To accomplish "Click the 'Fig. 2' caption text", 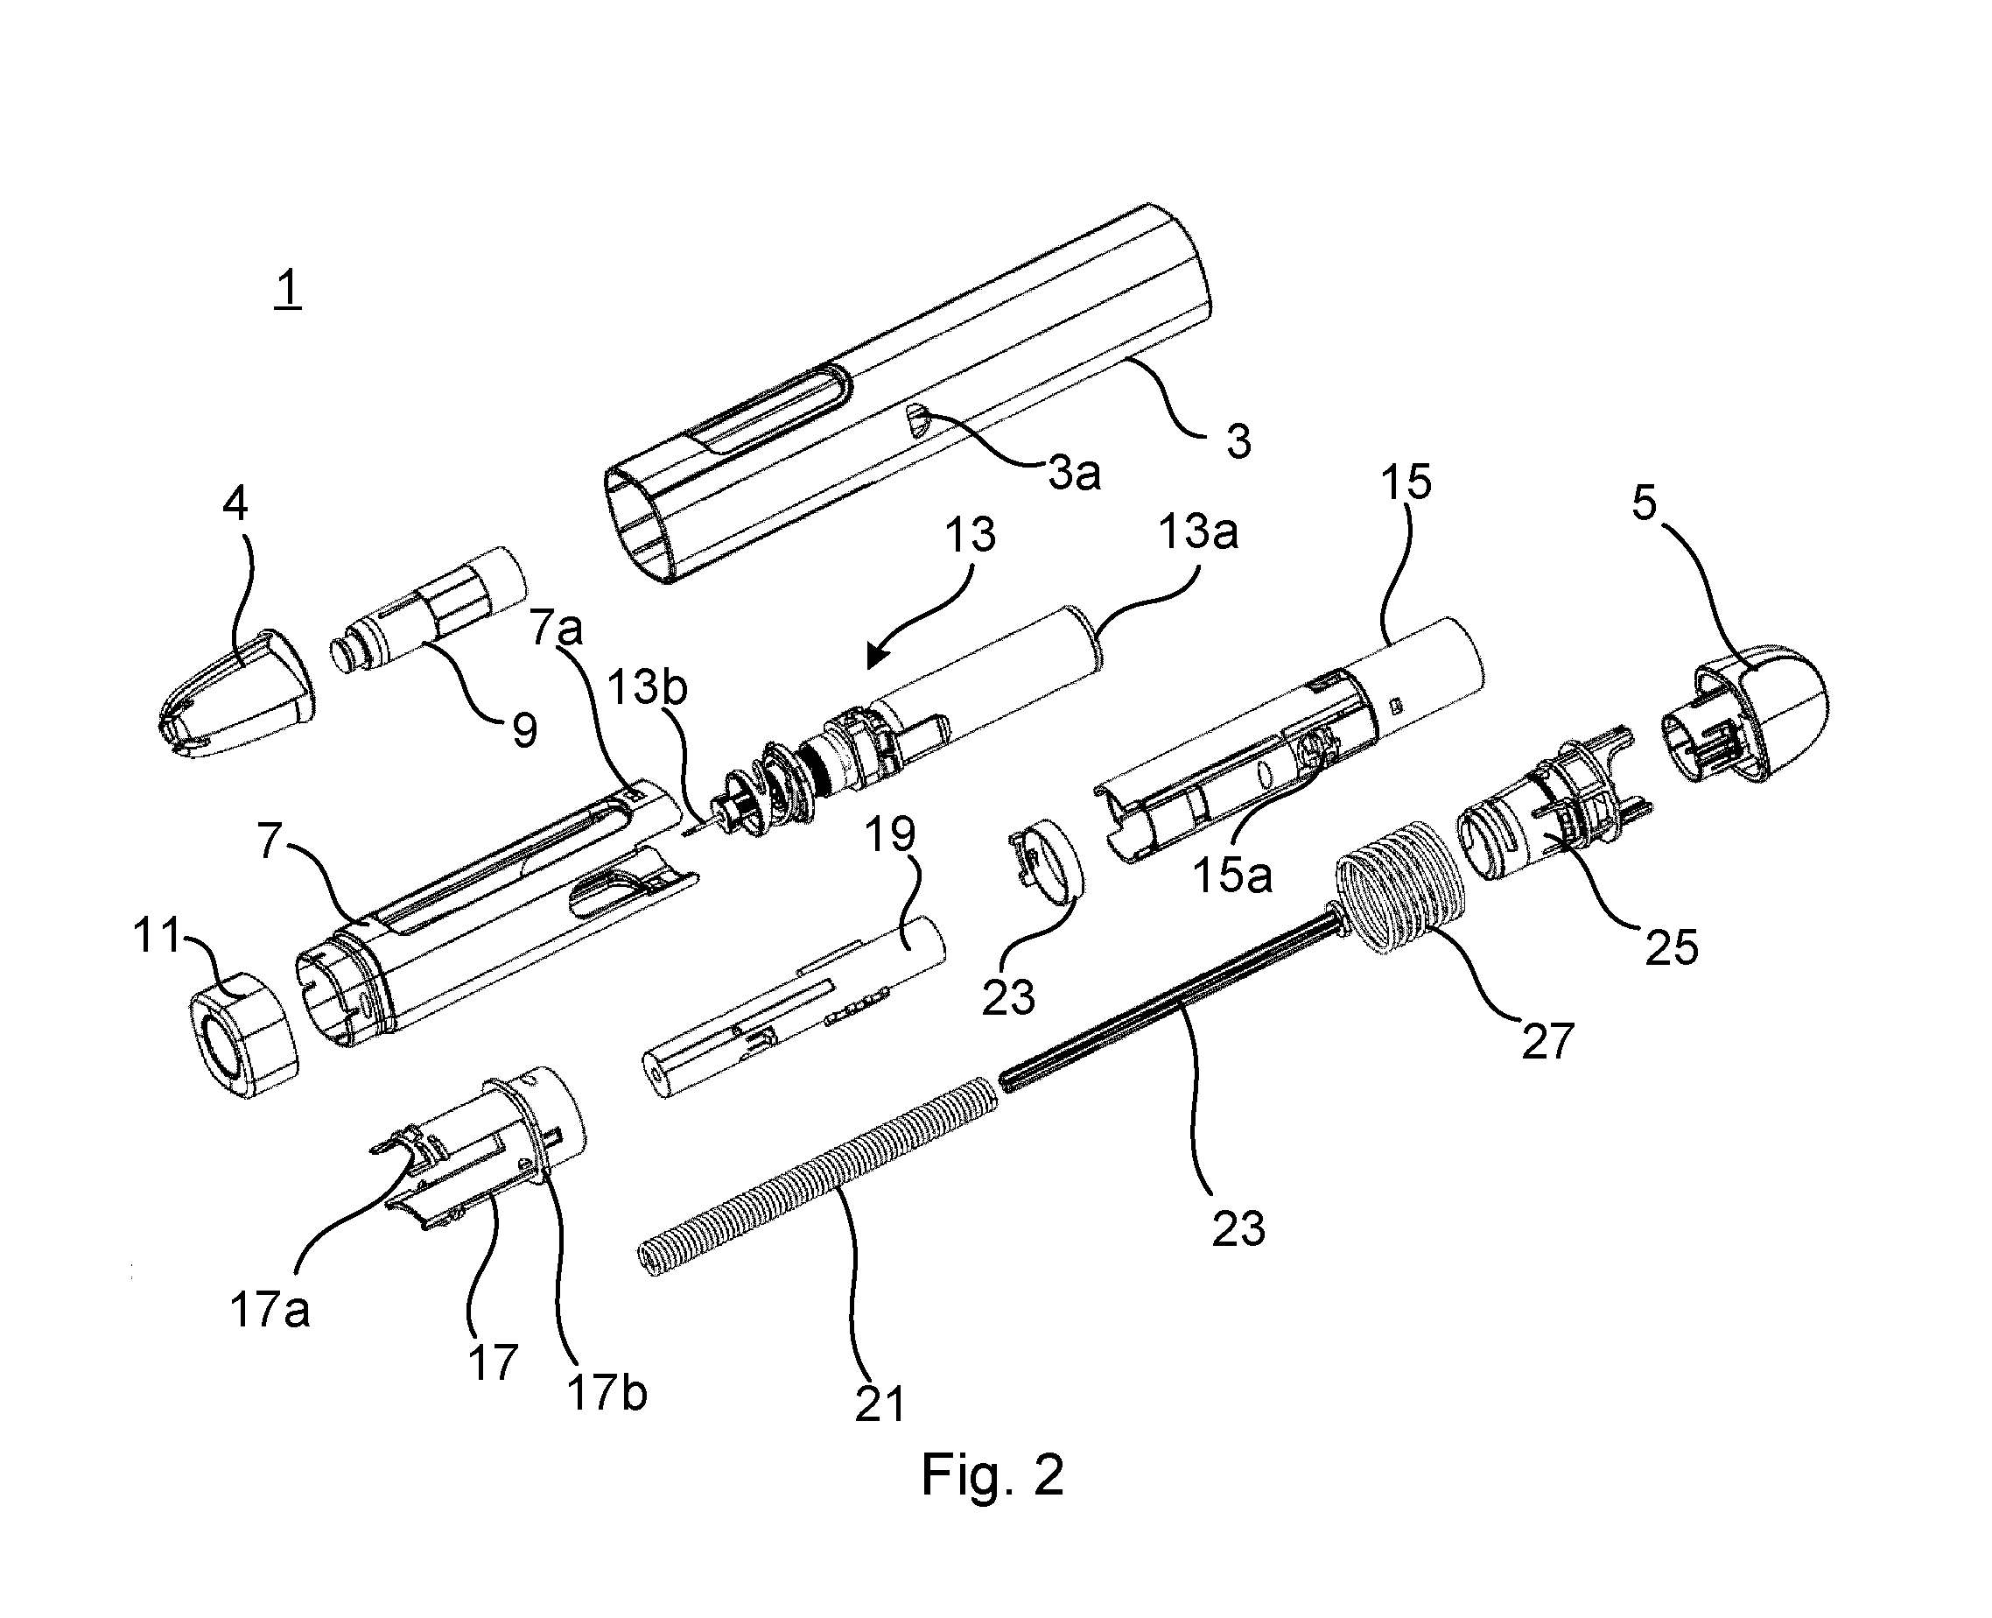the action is click(992, 1475).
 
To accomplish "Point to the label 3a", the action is click(1074, 474).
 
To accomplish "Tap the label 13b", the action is click(647, 688).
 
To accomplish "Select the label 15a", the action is click(1232, 876).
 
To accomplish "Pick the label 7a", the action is click(558, 630).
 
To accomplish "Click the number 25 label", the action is click(1672, 948).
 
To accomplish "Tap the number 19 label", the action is click(891, 834).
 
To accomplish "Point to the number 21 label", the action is click(880, 1403).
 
